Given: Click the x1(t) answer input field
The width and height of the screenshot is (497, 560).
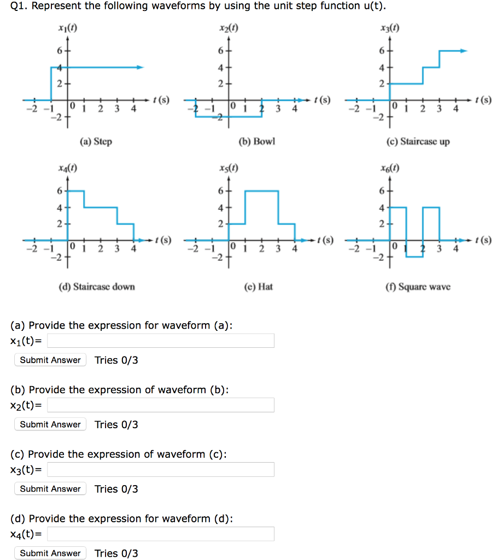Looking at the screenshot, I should pyautogui.click(x=160, y=341).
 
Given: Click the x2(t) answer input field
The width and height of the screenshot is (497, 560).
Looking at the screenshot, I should pyautogui.click(x=160, y=405).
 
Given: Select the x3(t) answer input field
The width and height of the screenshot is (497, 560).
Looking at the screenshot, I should pyautogui.click(x=160, y=470).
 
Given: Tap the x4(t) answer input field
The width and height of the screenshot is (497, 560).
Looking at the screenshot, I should pyautogui.click(x=160, y=534).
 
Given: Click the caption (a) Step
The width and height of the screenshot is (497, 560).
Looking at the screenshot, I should pyautogui.click(x=96, y=142).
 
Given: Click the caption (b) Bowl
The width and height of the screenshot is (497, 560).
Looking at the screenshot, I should pyautogui.click(x=257, y=142).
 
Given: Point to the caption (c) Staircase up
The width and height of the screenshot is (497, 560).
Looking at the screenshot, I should pyautogui.click(x=418, y=142).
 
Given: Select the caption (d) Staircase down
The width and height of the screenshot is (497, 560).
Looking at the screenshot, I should pyautogui.click(x=96, y=287).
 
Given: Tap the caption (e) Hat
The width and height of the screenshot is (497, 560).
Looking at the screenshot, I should pyautogui.click(x=258, y=287).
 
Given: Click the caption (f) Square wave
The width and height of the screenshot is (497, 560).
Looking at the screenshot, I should pyautogui.click(x=418, y=287).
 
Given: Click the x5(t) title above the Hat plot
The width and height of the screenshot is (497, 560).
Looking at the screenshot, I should pyautogui.click(x=228, y=168).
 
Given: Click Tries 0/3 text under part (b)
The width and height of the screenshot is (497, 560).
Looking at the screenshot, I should pyautogui.click(x=116, y=424).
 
